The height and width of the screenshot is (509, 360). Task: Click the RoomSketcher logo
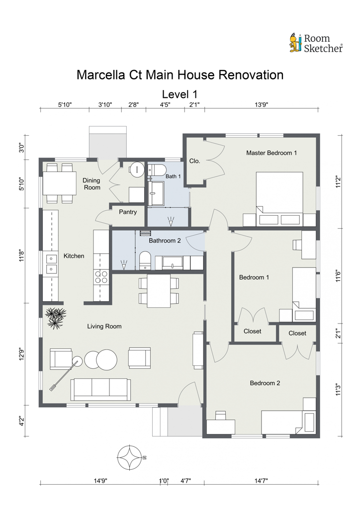[316, 43]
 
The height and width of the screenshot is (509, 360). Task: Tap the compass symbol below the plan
[130, 457]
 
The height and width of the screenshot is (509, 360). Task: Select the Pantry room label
[128, 212]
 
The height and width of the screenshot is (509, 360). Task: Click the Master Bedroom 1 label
[271, 153]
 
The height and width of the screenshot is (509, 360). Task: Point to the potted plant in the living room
[56, 318]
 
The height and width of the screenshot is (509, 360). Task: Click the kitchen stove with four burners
[101, 277]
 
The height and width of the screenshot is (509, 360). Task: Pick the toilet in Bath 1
[157, 170]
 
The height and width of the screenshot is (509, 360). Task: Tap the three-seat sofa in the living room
[100, 389]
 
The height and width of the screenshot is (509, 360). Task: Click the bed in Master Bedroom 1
[279, 199]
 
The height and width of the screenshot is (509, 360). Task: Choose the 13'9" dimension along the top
[262, 104]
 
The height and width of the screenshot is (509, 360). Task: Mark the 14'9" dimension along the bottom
[100, 481]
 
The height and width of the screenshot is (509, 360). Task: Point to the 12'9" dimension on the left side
[22, 354]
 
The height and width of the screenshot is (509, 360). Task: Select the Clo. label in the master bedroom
[195, 161]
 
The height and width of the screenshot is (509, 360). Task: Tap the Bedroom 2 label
[265, 383]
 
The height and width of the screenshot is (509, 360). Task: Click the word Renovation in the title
[251, 75]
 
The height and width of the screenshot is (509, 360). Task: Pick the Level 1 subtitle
[180, 94]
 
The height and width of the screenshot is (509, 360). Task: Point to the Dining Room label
[92, 184]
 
